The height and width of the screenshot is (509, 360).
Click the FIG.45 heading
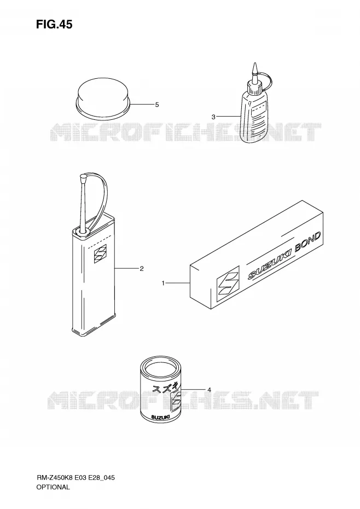point(54,24)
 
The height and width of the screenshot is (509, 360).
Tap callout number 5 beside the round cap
point(157,105)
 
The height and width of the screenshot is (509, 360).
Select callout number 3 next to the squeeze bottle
point(213,117)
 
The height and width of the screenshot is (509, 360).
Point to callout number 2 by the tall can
point(142,269)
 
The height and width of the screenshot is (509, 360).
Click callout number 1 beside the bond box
point(163,284)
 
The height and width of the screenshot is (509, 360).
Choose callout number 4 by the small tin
point(209,390)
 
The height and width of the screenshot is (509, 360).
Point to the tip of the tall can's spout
point(83,177)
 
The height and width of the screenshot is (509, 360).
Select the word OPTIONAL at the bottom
point(53,487)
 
